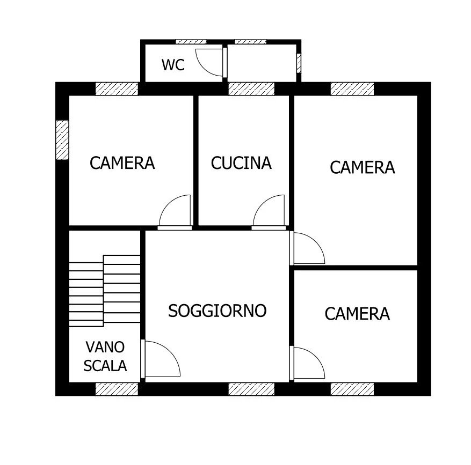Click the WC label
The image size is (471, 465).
(x=173, y=65)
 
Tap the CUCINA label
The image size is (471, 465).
(x=241, y=163)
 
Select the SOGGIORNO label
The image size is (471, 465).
(x=217, y=311)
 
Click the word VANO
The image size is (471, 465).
(x=105, y=347)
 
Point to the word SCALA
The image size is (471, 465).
(x=105, y=366)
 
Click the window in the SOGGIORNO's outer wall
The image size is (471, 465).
(x=251, y=389)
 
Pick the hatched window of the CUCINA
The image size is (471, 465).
(x=251, y=88)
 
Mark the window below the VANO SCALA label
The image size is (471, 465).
(x=117, y=389)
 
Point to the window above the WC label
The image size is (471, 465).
(x=191, y=41)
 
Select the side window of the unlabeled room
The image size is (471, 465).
(x=299, y=62)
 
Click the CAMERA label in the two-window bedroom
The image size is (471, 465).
(x=122, y=163)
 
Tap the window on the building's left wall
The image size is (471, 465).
(x=63, y=139)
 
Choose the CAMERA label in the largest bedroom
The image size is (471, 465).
(x=362, y=167)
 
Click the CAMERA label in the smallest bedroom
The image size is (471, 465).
(x=357, y=314)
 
